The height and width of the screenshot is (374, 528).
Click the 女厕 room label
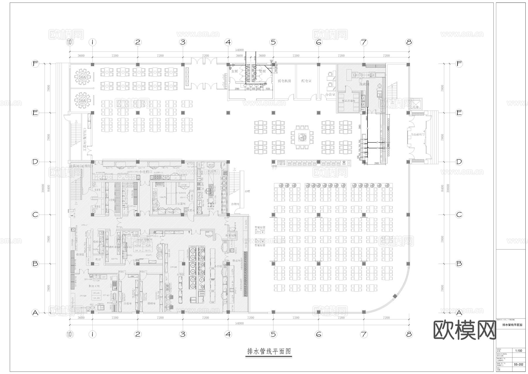(234, 71)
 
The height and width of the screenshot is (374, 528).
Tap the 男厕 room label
(262, 71)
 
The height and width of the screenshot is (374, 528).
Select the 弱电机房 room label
(285, 80)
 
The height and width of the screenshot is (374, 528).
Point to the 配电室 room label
(306, 80)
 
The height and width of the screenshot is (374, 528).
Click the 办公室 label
(330, 95)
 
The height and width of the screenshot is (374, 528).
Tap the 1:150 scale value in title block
(519, 350)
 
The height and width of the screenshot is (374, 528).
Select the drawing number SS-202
(519, 364)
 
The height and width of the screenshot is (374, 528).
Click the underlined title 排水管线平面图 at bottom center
(269, 351)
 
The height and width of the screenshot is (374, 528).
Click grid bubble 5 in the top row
(273, 42)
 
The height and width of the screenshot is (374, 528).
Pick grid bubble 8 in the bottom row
(409, 334)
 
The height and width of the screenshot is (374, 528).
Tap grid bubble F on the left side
(35, 64)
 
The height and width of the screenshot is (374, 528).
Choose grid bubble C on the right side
(459, 215)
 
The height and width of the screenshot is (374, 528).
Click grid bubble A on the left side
(35, 313)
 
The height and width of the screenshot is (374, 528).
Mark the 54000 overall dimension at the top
(239, 50)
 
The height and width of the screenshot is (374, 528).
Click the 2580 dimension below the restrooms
(237, 89)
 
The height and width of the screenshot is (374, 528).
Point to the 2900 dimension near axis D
(376, 163)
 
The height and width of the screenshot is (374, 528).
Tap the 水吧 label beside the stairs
(246, 191)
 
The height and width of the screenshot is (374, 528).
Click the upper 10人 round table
(80, 77)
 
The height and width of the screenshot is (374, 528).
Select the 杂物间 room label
(235, 204)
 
